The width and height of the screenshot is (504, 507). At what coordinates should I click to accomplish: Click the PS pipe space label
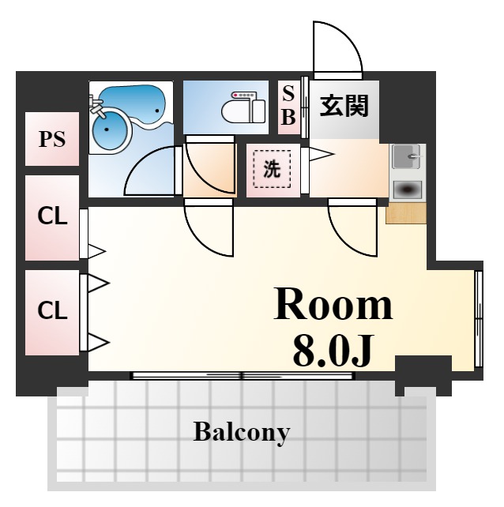52,139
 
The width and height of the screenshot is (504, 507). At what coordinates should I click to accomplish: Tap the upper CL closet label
52,216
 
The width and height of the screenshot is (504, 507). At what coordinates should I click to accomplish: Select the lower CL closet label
52,310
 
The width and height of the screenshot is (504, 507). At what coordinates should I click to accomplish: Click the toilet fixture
243,107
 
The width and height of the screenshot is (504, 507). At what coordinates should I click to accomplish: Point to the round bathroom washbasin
110,130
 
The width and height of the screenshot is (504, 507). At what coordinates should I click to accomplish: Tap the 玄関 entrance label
344,105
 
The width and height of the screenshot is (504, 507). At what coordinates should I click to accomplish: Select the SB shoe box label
288,105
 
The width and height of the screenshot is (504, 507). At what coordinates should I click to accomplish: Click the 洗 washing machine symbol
272,169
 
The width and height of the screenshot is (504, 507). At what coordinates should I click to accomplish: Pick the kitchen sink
407,156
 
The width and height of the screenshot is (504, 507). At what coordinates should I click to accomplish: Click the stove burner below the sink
408,190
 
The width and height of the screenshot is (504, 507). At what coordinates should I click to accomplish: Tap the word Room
333,304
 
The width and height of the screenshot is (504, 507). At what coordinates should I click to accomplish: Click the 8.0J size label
333,350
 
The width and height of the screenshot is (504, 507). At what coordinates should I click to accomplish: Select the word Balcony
241,432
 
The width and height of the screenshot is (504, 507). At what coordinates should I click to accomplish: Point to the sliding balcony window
242,376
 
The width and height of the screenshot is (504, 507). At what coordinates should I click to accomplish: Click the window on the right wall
479,319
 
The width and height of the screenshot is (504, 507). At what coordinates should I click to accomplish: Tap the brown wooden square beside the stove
406,213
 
